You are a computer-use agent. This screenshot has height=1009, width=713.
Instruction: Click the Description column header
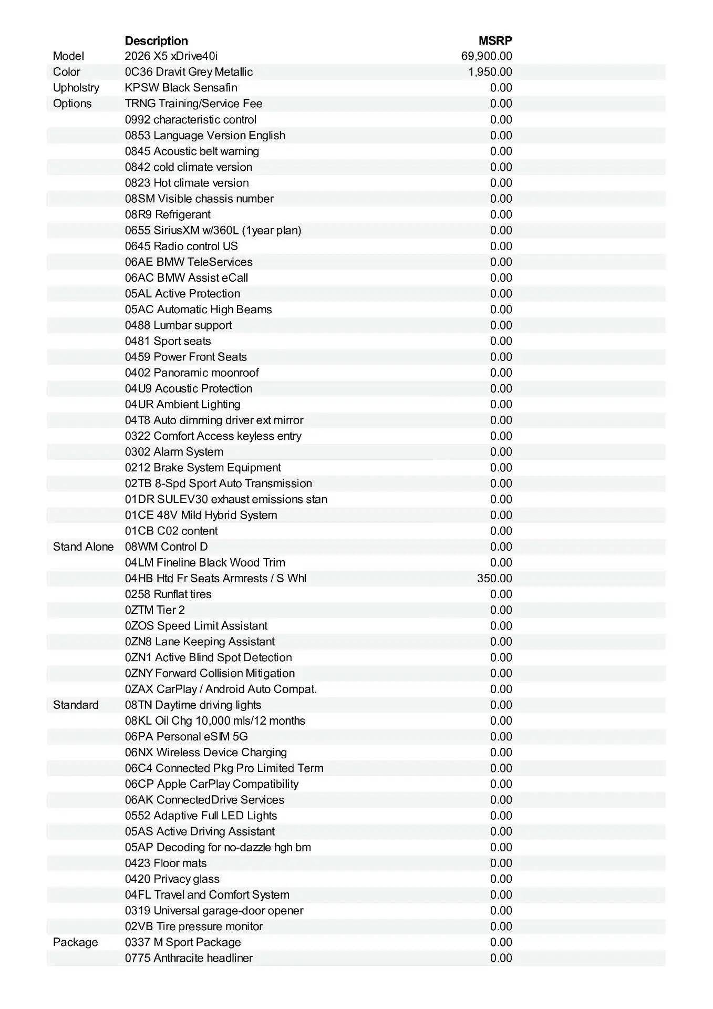click(x=156, y=41)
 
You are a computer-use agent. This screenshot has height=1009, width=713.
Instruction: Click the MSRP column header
click(x=495, y=41)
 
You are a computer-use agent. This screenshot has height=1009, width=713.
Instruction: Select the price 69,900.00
click(x=487, y=56)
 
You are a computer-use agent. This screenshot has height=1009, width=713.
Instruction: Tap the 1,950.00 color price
click(x=490, y=72)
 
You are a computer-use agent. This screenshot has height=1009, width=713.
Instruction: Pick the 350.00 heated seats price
click(x=494, y=579)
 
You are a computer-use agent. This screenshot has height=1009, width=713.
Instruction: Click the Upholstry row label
click(x=76, y=88)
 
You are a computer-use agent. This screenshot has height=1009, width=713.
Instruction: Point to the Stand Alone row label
click(x=83, y=547)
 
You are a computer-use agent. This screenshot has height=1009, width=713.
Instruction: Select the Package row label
click(x=75, y=942)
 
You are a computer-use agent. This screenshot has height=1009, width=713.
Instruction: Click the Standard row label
click(x=76, y=705)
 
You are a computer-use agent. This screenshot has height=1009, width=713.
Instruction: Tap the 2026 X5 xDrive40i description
click(x=171, y=56)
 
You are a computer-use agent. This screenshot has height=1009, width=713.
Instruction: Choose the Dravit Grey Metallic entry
click(x=189, y=72)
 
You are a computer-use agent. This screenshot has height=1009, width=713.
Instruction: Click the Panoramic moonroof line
click(x=192, y=373)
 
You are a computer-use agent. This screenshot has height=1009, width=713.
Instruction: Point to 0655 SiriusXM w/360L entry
click(x=213, y=230)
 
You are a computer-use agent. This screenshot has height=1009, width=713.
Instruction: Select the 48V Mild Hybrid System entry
click(x=201, y=515)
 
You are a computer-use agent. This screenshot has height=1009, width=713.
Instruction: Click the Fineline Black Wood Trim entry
click(x=205, y=563)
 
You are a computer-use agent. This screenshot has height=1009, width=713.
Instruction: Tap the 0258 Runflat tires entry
click(x=168, y=594)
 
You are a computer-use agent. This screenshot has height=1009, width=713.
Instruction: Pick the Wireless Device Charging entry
click(x=206, y=753)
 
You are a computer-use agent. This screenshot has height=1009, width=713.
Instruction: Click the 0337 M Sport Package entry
click(x=183, y=942)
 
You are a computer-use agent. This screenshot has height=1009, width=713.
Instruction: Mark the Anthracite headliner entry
click(x=189, y=958)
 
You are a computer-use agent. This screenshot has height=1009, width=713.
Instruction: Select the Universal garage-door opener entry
click(x=214, y=911)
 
